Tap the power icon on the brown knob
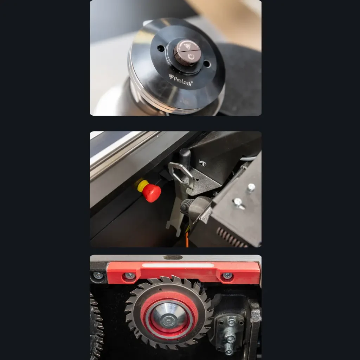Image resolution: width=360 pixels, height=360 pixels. click(191, 57)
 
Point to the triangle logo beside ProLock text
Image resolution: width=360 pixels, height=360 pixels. click(171, 76)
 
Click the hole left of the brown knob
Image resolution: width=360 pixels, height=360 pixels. click(161, 49)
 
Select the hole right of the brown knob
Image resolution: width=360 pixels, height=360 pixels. click(207, 64)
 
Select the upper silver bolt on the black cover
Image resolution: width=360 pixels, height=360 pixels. click(251, 187)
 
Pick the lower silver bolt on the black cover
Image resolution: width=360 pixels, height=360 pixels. click(238, 203)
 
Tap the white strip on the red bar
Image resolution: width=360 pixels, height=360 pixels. click(178, 265)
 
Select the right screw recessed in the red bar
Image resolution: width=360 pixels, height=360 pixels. click(227, 276)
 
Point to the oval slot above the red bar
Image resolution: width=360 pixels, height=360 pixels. click(173, 257)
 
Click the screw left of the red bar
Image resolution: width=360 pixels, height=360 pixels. click(98, 275)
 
